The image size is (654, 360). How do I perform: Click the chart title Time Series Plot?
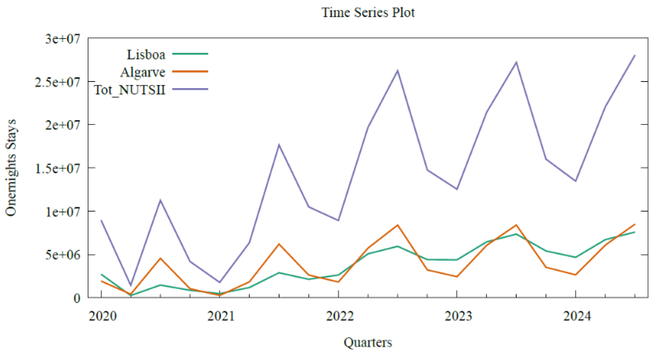(368, 12)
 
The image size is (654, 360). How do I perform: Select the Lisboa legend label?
(146, 55)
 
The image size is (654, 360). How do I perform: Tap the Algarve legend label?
(143, 72)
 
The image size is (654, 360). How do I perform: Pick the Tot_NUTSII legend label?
(130, 90)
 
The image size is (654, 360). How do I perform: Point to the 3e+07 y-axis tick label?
(62, 39)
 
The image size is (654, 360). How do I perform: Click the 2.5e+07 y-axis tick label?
(57, 82)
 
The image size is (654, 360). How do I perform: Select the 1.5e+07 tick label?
(57, 168)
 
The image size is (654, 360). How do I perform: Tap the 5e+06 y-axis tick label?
(62, 255)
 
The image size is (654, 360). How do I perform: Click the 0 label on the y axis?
(77, 298)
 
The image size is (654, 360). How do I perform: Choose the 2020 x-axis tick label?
(102, 316)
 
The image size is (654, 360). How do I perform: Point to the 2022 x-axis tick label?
(340, 316)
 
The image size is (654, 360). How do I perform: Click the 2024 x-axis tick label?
(577, 316)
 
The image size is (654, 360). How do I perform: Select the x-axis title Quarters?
(368, 343)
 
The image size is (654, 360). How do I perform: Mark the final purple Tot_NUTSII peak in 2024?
(635, 55)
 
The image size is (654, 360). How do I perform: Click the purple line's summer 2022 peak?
(397, 70)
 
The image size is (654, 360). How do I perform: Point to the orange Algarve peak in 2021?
(279, 244)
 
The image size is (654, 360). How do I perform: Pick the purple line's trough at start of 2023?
(457, 189)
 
